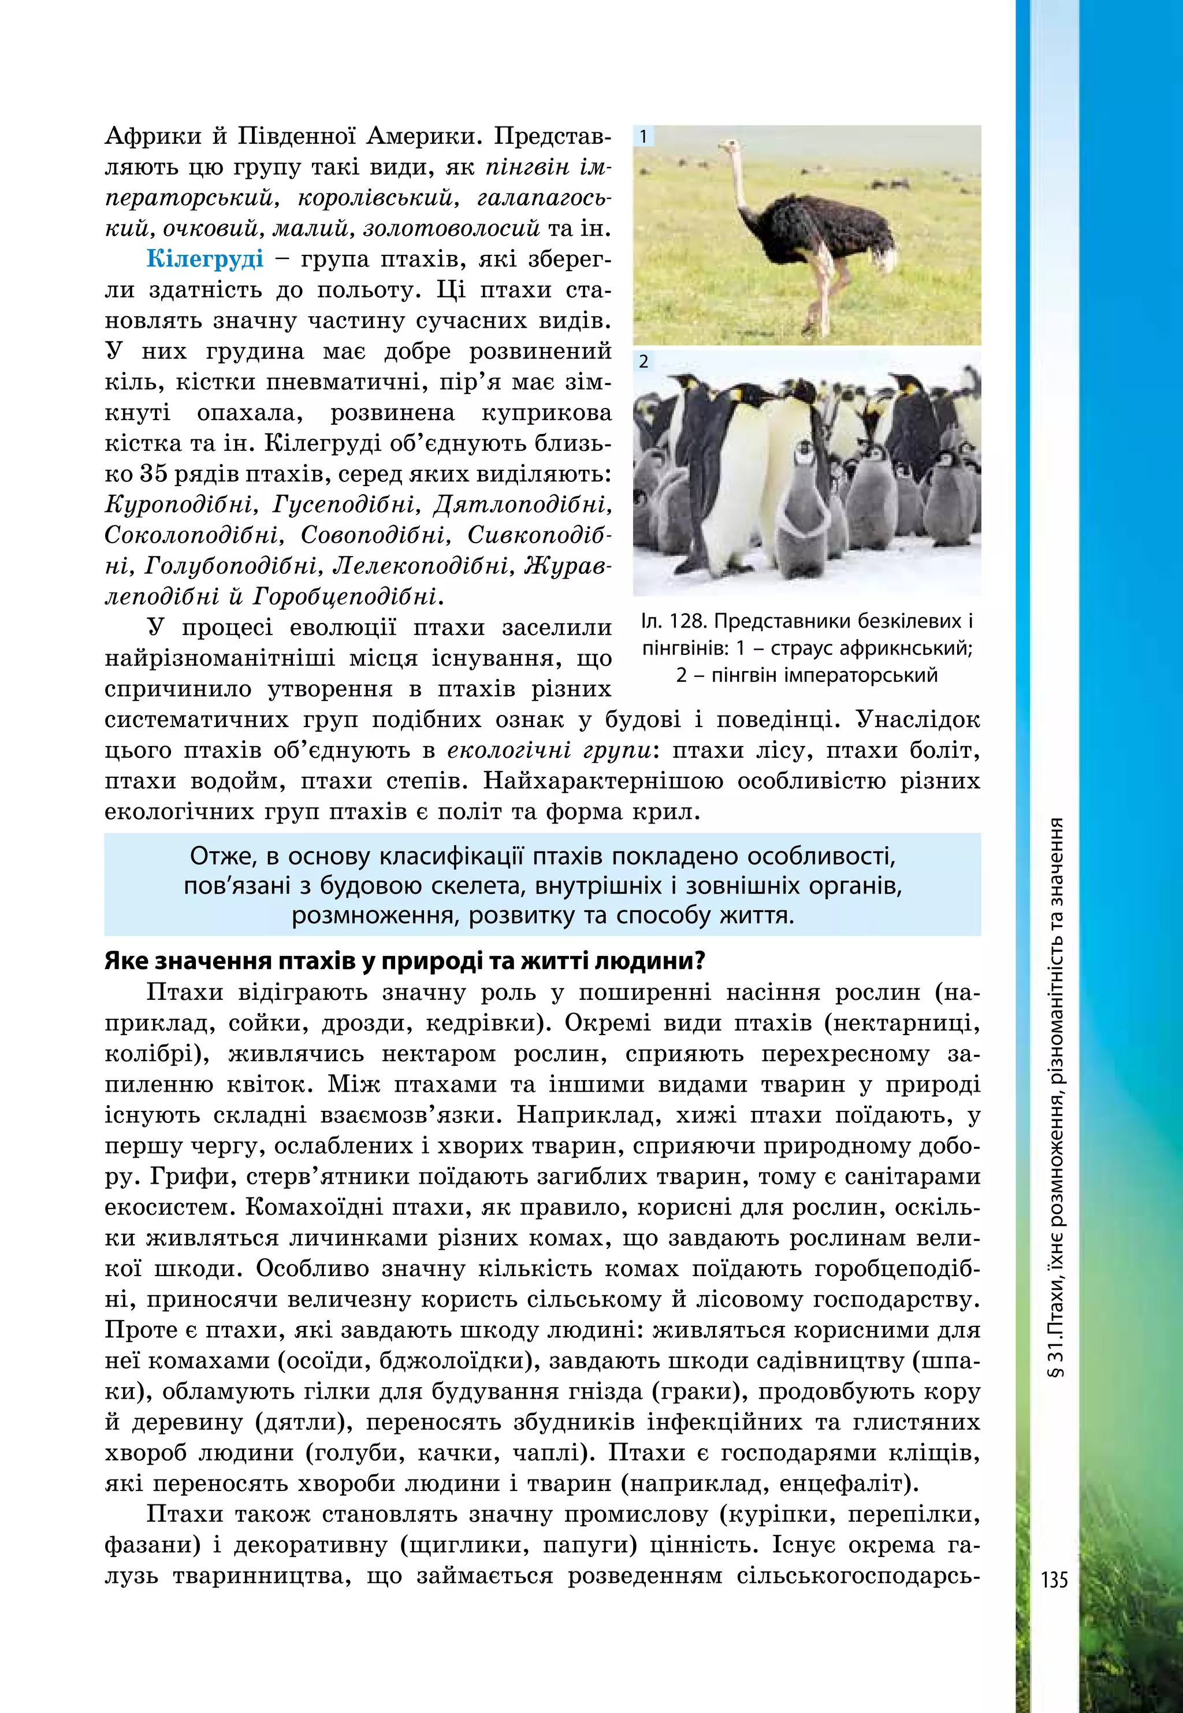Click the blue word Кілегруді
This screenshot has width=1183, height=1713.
click(x=204, y=259)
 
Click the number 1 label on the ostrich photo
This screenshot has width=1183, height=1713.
click(x=643, y=136)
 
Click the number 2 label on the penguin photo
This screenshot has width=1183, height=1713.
click(x=643, y=362)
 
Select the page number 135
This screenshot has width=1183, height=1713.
click(x=1054, y=1580)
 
